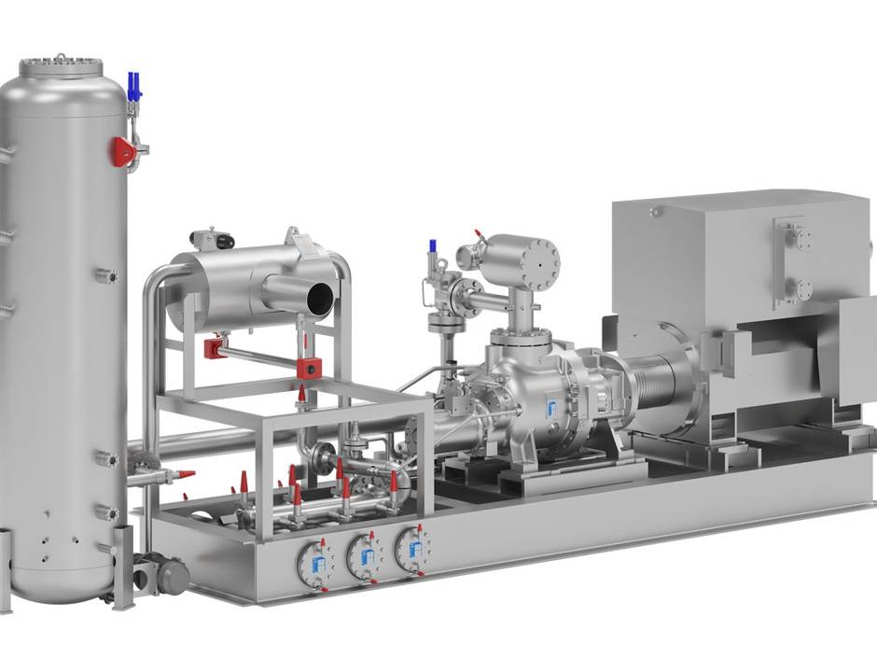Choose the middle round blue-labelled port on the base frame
[x=364, y=557]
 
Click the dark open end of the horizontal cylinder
[x=317, y=300]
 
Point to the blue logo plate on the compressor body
[x=550, y=409]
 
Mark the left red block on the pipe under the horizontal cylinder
[x=213, y=348]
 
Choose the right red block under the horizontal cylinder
[x=308, y=366]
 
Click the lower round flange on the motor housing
[x=800, y=287]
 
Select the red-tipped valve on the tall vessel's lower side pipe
[x=181, y=475]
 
